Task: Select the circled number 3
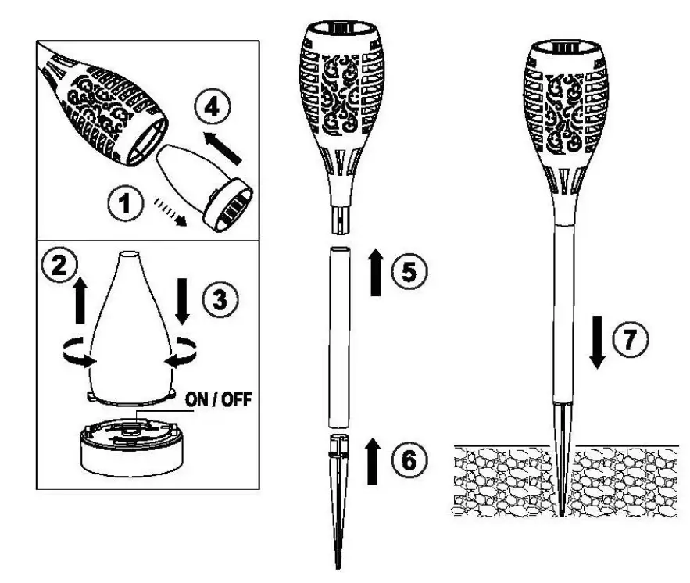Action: (218, 298)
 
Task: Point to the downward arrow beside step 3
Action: (182, 302)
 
